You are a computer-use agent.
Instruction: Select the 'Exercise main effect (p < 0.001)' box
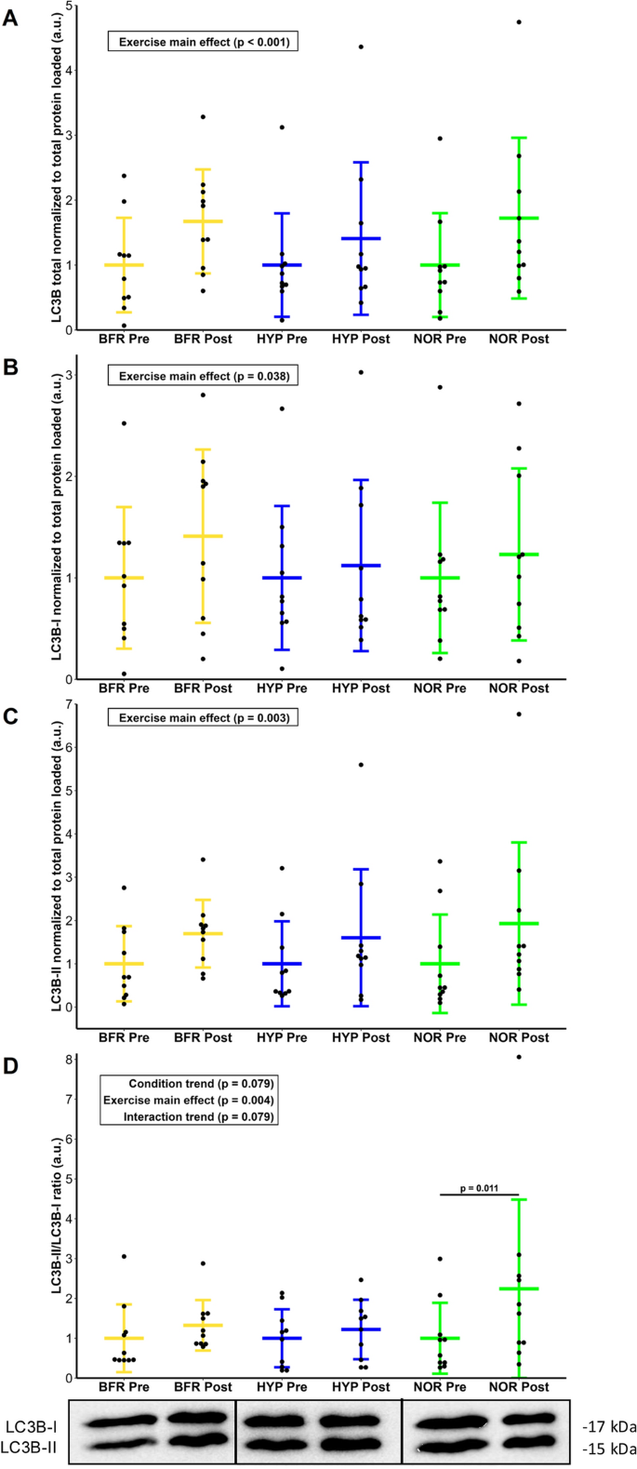point(203,42)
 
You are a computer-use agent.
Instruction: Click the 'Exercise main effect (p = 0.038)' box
point(203,376)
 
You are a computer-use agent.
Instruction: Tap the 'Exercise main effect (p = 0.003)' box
point(203,717)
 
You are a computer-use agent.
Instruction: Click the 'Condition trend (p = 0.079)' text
point(201,1084)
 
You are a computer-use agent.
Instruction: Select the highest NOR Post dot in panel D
point(519,1057)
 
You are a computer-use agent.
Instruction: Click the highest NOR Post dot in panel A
point(519,21)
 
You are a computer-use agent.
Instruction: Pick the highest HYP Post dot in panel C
point(361,765)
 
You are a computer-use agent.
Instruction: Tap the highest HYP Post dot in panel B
point(361,372)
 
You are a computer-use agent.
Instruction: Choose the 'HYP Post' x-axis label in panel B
point(361,689)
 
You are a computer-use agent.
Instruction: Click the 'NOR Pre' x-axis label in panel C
point(440,1037)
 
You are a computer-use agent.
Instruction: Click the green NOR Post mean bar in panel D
point(519,1289)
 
